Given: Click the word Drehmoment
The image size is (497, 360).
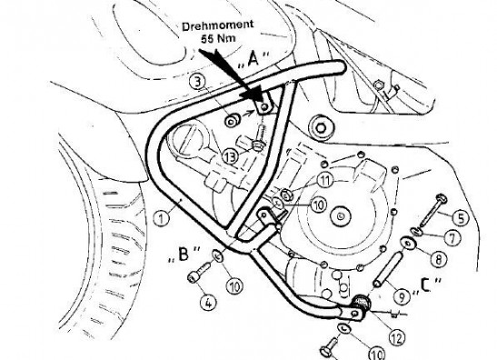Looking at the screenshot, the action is tap(217, 26).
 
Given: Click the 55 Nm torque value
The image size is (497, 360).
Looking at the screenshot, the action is tap(218, 39).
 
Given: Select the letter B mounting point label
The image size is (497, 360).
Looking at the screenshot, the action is tap(184, 254).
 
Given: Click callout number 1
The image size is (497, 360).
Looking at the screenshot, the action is tap(162, 218).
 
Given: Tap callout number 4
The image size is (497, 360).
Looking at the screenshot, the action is tap(208, 304).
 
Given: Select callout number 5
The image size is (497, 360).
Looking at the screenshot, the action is tap(461, 218).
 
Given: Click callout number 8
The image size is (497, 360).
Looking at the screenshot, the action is tap(438, 259).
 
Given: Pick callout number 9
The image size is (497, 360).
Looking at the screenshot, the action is tap(402, 296).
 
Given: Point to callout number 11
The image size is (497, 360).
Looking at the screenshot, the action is tap(325, 181).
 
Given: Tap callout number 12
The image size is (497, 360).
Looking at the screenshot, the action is tap(397, 338).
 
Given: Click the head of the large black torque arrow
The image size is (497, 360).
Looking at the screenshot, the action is tap(255, 93).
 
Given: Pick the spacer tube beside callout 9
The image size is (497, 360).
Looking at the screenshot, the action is tap(388, 269).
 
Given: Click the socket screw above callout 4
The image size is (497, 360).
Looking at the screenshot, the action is tap(200, 272).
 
